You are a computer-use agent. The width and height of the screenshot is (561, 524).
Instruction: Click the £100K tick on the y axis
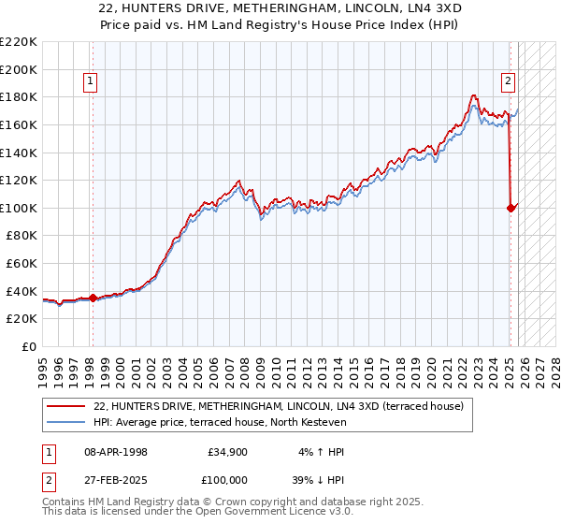pyautogui.click(x=19, y=208)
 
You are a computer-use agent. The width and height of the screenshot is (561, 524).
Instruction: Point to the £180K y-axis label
pyautogui.click(x=19, y=96)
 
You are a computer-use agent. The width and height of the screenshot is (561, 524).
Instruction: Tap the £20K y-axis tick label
pyautogui.click(x=22, y=319)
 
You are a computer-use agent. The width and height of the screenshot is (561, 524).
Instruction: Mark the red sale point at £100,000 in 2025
pyautogui.click(x=511, y=208)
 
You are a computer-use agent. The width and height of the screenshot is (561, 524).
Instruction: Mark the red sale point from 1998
pyautogui.click(x=93, y=298)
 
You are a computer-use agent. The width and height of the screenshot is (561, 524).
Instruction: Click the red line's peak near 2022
pyautogui.click(x=474, y=95)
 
